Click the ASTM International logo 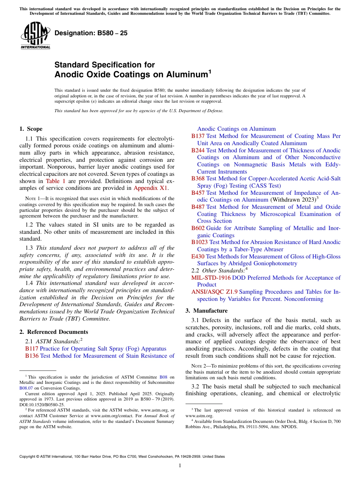click(35, 36)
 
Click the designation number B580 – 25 click(91, 33)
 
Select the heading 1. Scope click(31, 129)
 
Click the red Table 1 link click(55, 181)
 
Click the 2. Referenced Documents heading click(51, 332)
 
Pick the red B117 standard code click(32, 349)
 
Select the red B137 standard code click(198, 136)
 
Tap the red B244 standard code click(198, 150)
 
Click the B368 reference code click(198, 178)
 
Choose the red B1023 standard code click(200, 242)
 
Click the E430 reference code click(198, 257)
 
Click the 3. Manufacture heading click(207, 311)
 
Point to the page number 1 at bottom click(180, 466)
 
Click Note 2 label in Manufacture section click(199, 366)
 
